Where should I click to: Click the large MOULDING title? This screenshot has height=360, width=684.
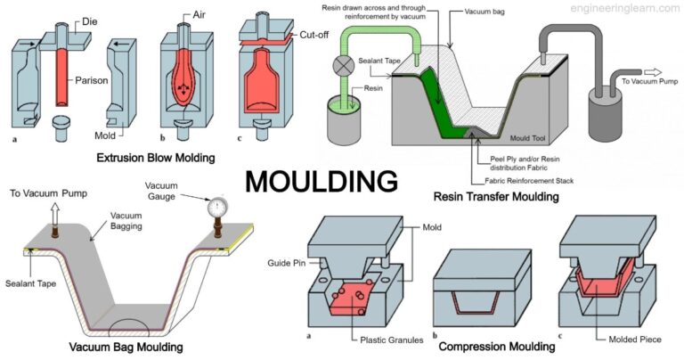pos(322,181)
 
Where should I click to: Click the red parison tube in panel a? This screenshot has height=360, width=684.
pos(63,79)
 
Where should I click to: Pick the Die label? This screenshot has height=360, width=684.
pos(94,18)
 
